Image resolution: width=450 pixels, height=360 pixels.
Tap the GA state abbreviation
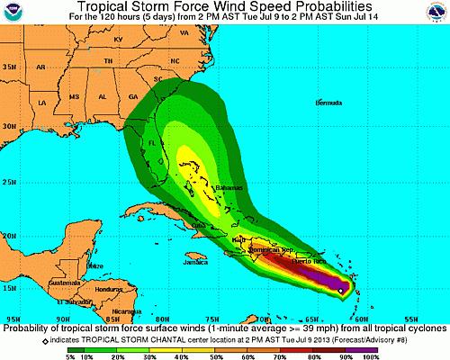(133, 96)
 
